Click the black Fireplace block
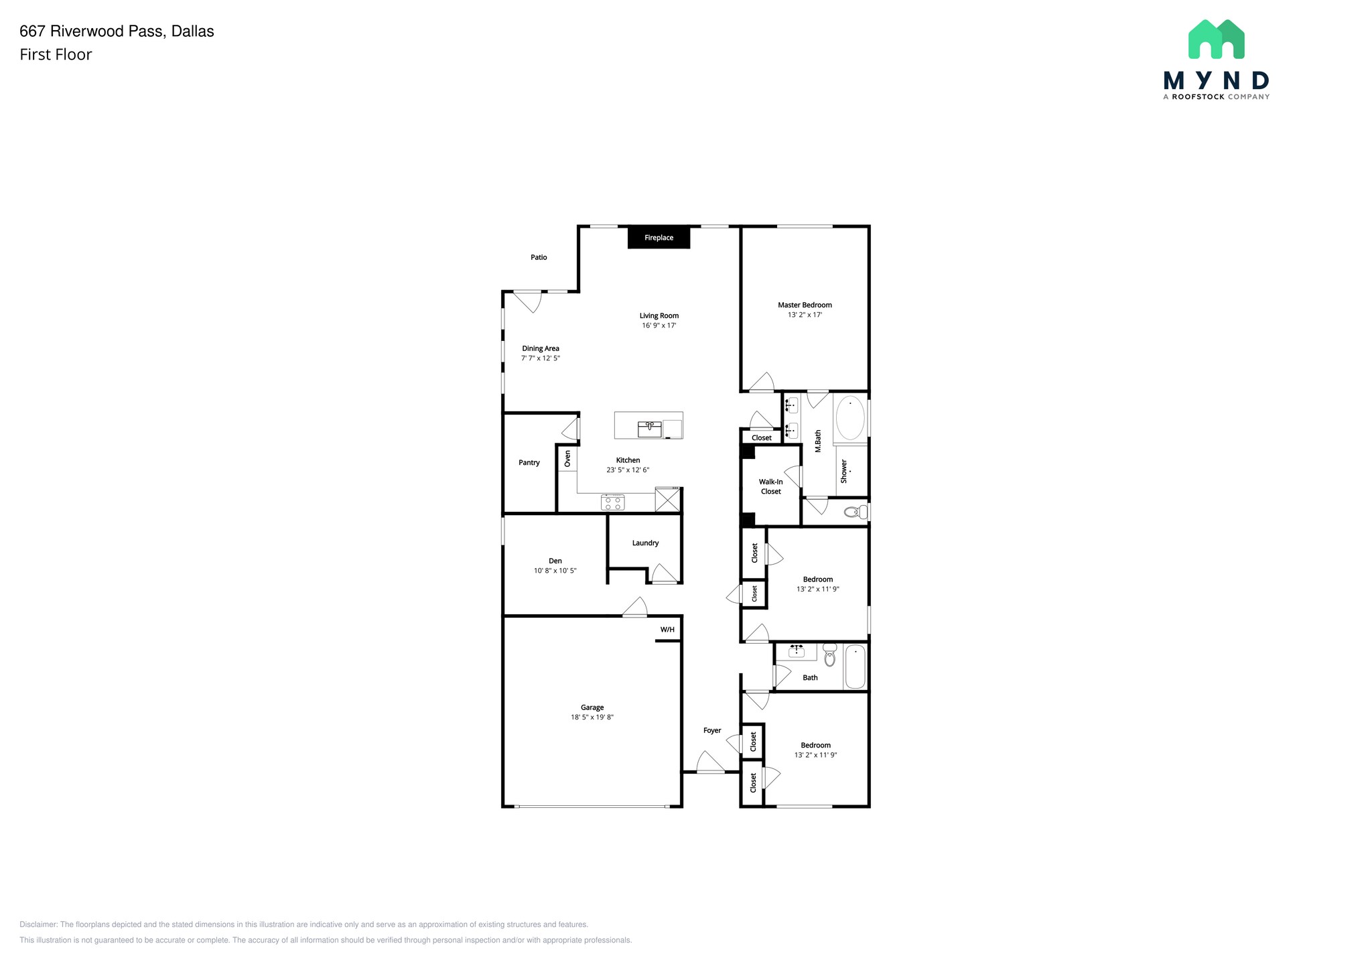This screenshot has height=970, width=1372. coord(659,238)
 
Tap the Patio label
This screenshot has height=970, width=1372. coord(539,257)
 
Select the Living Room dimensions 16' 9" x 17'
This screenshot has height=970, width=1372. coord(659,326)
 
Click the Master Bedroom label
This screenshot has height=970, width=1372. coord(805,305)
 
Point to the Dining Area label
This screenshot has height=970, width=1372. coord(541,348)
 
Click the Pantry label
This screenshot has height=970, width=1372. coord(529,463)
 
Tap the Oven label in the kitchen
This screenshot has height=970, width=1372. coord(567,459)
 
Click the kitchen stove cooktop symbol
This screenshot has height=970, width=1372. coord(613,502)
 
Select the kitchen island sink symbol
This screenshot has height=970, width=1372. coord(650,428)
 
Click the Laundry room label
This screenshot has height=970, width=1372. coord(645,543)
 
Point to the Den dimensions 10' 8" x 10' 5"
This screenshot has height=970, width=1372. coord(555,571)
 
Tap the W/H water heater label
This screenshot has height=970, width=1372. coord(667,630)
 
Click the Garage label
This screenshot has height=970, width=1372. coord(592,707)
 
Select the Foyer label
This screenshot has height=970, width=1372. coord(712,731)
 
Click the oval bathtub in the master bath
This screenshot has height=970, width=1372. coord(850,418)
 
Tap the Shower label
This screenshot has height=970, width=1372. coord(844,471)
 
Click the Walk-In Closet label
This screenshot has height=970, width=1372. coord(770,486)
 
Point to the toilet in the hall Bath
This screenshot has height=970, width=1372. coord(830,656)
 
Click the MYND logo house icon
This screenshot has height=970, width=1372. coord(1216,40)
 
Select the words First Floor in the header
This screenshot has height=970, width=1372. coord(56,55)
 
